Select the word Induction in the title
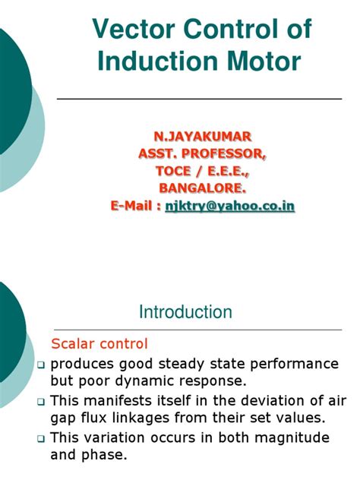click(151, 60)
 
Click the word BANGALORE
click(202, 188)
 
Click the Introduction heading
click(185, 311)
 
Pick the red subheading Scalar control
click(99, 343)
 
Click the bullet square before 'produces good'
click(43, 365)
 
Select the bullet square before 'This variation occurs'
click(43, 439)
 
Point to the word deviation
click(248, 400)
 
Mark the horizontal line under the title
click(199, 99)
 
